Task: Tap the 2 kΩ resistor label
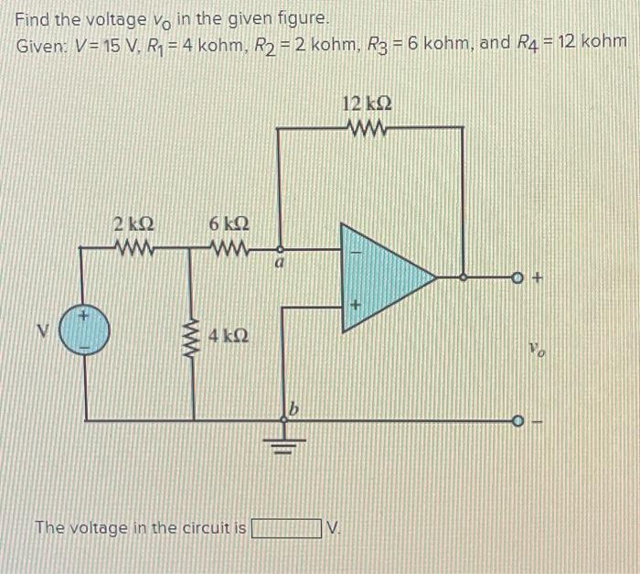pyautogui.click(x=133, y=224)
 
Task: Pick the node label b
pyautogui.click(x=294, y=405)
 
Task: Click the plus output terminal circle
pyautogui.click(x=517, y=275)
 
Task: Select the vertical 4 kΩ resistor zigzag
pyautogui.click(x=193, y=336)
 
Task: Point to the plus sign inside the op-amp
pyautogui.click(x=351, y=301)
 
